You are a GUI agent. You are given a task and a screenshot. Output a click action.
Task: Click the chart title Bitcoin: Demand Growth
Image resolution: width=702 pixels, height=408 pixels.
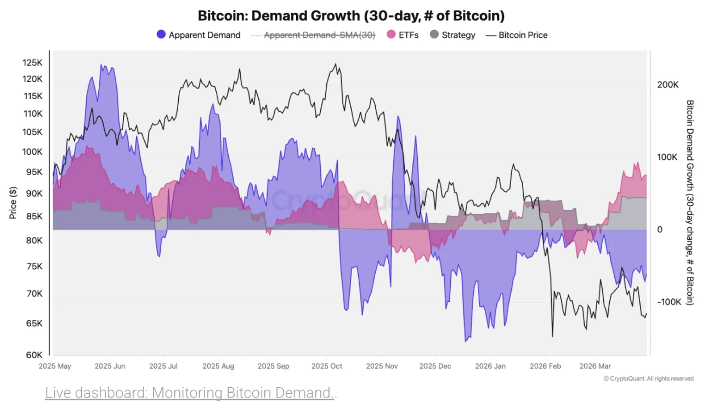point(351,15)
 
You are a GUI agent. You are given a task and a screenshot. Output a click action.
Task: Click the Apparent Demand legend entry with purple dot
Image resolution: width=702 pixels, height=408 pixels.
point(199,35)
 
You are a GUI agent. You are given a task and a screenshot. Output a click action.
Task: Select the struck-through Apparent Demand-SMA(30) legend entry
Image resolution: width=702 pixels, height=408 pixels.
point(313,35)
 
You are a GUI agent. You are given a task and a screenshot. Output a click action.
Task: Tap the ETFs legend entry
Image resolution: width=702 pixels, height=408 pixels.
point(403,35)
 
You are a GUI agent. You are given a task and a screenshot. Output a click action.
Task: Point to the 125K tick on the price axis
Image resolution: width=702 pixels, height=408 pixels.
point(32,63)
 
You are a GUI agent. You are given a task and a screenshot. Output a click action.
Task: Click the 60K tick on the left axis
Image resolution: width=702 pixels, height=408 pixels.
point(33,355)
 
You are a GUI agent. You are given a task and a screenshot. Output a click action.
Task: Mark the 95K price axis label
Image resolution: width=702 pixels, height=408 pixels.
point(33,172)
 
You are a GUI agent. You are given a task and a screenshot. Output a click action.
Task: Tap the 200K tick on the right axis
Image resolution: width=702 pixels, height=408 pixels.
point(668,85)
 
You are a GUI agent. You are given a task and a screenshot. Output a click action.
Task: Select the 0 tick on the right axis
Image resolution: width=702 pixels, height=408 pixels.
point(660,229)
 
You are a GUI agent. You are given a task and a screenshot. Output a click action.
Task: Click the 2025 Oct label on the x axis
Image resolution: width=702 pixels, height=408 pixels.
point(326,365)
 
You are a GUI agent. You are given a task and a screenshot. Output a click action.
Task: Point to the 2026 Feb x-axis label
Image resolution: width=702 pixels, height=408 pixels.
point(545,365)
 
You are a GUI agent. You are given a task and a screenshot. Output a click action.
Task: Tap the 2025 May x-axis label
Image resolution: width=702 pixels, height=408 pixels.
point(55,365)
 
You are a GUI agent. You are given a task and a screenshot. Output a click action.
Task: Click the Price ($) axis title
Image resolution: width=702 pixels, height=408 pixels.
point(13,203)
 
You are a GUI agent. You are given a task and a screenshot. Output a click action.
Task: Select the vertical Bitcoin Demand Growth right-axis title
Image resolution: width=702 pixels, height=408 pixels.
point(690,203)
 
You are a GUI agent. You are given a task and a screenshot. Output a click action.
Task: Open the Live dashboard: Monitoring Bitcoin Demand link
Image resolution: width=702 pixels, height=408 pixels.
point(190,393)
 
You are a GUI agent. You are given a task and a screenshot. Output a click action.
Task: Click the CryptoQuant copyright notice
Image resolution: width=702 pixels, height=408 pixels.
point(648,378)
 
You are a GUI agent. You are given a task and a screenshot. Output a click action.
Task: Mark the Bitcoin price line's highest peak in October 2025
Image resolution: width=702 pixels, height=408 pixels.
point(335,64)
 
